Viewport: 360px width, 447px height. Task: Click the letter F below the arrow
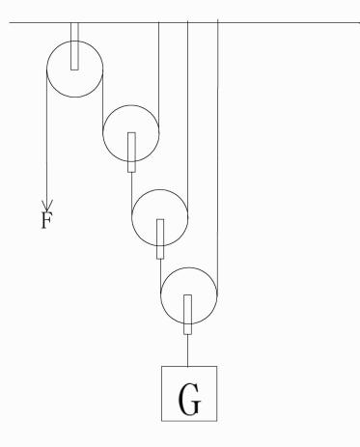click(46, 220)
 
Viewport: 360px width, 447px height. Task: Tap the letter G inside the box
click(189, 399)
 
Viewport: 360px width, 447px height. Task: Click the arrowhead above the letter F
click(47, 205)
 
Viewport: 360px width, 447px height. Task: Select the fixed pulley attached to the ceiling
click(47, 69)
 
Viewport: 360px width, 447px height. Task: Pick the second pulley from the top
click(103, 133)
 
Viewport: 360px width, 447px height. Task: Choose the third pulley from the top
click(132, 217)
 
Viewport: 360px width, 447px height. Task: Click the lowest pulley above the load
click(161, 295)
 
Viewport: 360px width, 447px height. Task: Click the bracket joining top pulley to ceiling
click(74, 46)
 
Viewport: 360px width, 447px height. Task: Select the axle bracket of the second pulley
click(131, 153)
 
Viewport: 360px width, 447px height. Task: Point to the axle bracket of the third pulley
click(160, 238)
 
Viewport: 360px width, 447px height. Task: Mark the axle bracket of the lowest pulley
click(188, 315)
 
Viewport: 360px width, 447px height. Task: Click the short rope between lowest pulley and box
click(188, 350)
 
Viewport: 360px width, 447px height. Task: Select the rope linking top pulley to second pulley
click(103, 100)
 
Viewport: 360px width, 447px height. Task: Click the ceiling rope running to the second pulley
click(159, 77)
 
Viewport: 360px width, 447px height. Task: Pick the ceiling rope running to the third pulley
click(188, 119)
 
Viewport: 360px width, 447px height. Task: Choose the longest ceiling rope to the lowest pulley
click(218, 157)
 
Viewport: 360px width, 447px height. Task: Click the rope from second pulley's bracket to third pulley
click(131, 195)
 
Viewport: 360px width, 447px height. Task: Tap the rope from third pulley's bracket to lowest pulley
click(160, 277)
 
